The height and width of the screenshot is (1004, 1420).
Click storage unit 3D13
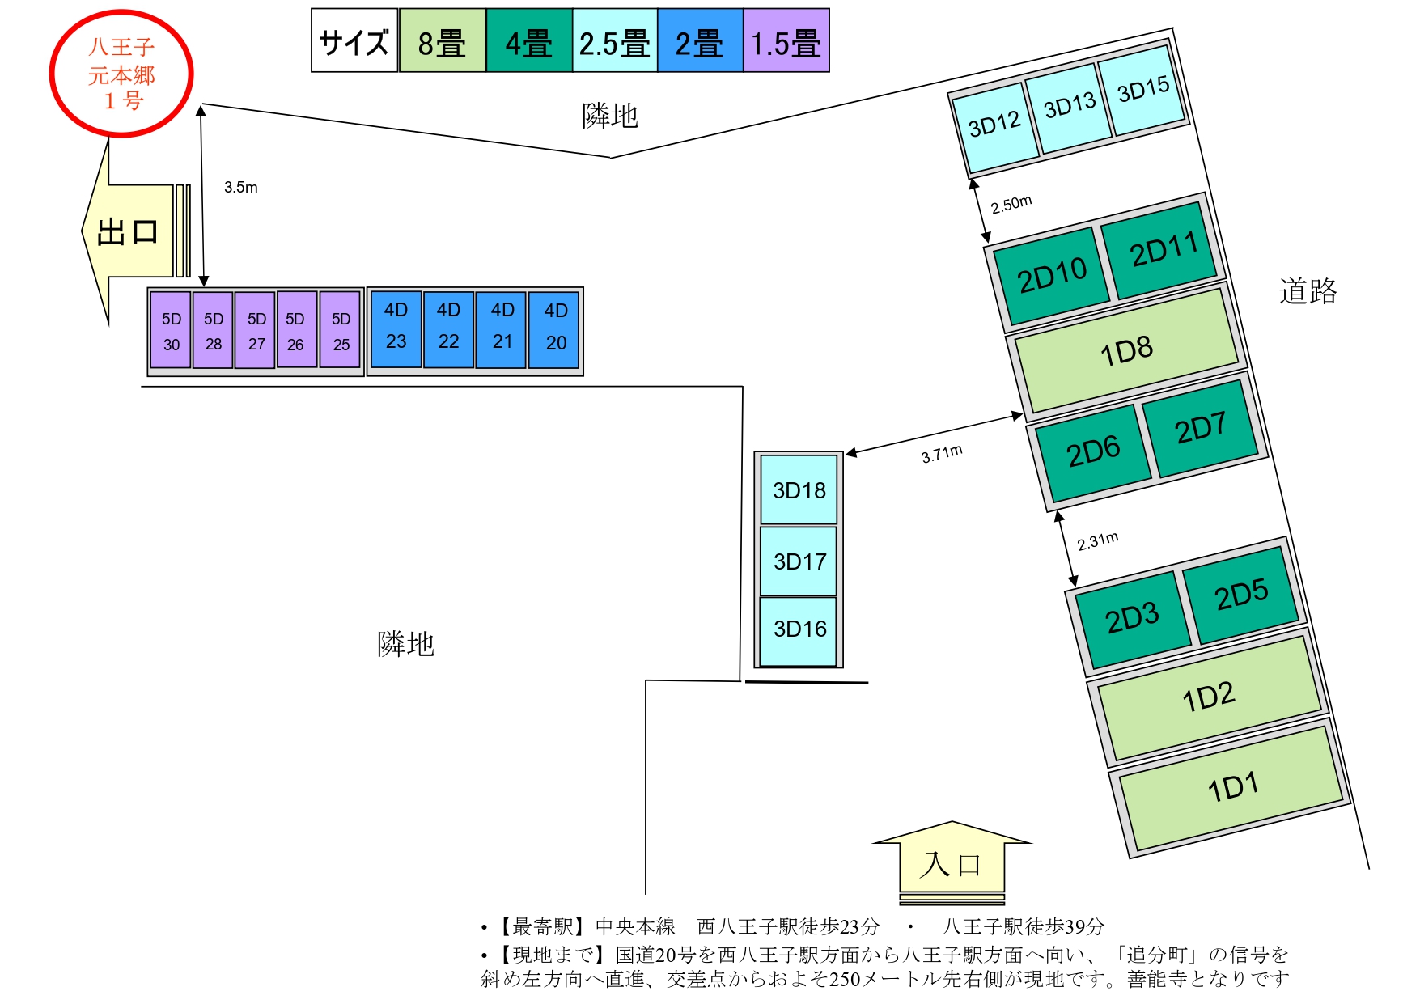(x=1069, y=107)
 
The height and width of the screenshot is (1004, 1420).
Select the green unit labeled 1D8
(x=1126, y=350)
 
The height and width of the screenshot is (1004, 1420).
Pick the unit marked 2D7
(x=1201, y=428)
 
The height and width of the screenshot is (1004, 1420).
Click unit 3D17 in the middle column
(x=799, y=561)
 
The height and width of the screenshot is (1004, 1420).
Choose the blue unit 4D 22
(x=448, y=328)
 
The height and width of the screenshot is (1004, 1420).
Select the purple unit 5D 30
(x=171, y=331)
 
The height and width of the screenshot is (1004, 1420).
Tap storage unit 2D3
(x=1132, y=619)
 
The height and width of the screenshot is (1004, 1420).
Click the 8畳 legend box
(x=442, y=41)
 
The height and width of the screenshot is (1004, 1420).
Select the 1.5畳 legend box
(x=786, y=41)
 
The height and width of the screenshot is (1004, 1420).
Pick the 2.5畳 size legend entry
(x=614, y=41)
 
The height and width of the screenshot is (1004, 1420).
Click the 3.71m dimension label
(x=942, y=454)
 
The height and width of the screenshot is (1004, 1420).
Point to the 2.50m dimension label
(x=1011, y=204)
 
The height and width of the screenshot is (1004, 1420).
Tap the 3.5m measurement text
(x=241, y=188)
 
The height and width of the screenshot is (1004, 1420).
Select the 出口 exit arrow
(x=129, y=232)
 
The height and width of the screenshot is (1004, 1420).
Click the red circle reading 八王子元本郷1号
(x=121, y=74)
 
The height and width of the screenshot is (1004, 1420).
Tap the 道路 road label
(x=1308, y=291)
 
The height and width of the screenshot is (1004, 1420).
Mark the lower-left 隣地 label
(x=406, y=644)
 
